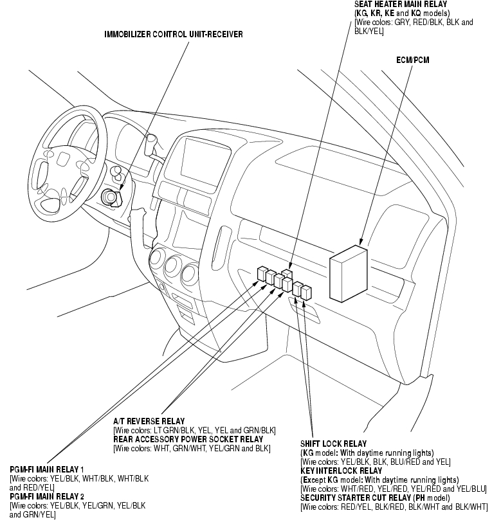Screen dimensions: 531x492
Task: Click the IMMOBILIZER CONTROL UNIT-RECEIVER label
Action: tap(174, 33)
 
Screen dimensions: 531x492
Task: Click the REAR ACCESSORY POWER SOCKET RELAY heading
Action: tap(188, 439)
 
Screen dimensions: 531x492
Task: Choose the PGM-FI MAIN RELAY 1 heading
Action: tap(47, 470)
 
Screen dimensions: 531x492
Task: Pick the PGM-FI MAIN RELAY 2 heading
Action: tap(47, 497)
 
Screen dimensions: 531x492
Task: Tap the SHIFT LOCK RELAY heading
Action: tap(333, 444)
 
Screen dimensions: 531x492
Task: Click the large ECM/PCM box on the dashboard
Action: tap(347, 274)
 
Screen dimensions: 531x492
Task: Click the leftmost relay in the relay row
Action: tap(261, 273)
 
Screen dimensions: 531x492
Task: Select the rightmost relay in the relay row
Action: tap(307, 291)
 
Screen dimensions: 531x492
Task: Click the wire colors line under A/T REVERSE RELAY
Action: tap(194, 430)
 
